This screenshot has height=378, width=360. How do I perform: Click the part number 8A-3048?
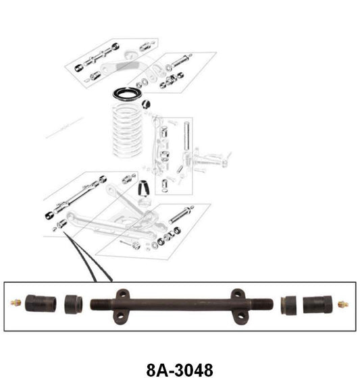180,369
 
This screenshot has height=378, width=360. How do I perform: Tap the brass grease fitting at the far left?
16,304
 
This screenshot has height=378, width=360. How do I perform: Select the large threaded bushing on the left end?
40,304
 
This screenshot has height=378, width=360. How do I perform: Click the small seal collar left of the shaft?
74,304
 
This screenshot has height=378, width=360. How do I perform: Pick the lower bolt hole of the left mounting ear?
123,315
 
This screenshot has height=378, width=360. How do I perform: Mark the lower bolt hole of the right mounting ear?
238,315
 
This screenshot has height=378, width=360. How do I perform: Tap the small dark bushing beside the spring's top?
146,103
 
